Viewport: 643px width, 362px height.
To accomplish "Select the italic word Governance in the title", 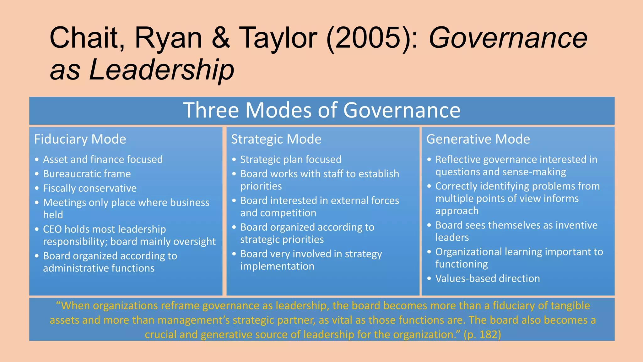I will (x=508, y=38).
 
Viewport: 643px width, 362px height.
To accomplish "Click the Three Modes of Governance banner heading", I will (x=321, y=110).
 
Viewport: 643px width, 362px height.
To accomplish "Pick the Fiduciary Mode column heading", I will (x=80, y=139).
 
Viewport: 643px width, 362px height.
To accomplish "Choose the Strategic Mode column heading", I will (x=276, y=139).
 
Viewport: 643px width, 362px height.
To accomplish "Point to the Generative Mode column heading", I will (x=478, y=139).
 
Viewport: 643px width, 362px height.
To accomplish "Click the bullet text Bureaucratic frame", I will (x=87, y=174).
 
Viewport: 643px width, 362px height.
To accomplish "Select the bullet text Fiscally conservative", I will (x=90, y=188).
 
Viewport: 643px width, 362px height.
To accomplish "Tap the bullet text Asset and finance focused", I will (x=103, y=160).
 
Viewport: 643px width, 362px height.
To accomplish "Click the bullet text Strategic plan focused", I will (x=291, y=160).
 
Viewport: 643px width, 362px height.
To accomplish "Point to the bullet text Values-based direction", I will (x=488, y=278).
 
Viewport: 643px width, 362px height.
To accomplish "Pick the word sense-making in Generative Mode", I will (x=536, y=172).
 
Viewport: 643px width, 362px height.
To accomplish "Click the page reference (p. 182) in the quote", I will (x=482, y=334).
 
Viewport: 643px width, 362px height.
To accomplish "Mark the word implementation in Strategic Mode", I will (x=277, y=266).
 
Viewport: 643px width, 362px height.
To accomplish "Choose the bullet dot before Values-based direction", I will (x=429, y=278).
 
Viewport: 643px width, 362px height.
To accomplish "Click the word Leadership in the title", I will (x=162, y=69).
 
